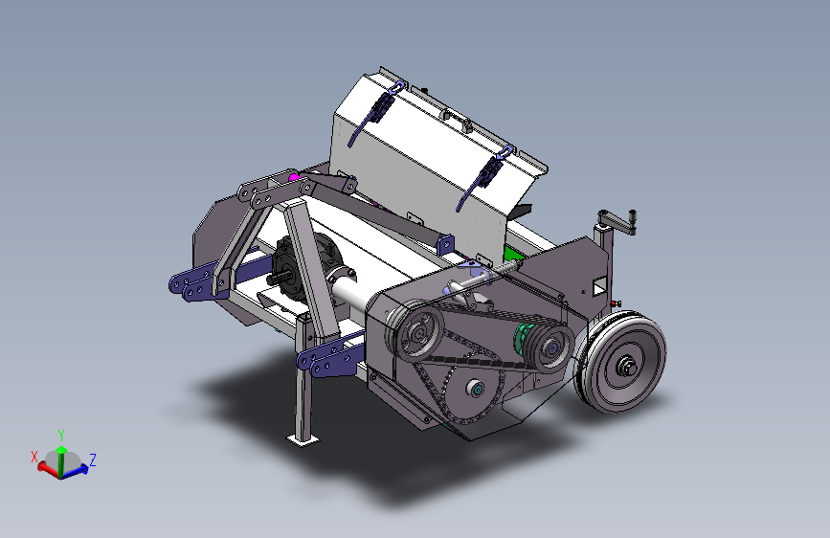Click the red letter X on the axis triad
tap(34, 457)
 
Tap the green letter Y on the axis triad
tap(61, 436)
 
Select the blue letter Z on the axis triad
tap(93, 460)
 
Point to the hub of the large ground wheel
tap(627, 365)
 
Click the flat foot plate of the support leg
tap(303, 439)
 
